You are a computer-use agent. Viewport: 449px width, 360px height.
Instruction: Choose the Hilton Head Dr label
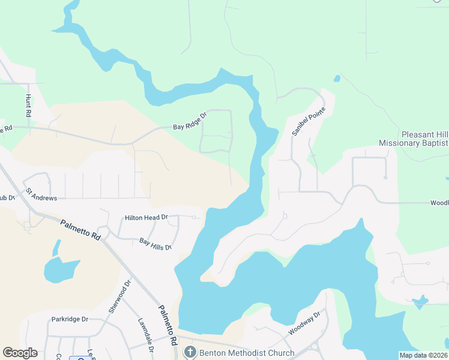(x=146, y=217)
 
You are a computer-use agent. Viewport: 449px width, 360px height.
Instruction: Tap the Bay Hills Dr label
(x=155, y=244)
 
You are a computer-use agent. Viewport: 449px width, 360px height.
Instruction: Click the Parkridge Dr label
(x=70, y=319)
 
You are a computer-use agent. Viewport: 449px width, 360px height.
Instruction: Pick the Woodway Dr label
(x=306, y=323)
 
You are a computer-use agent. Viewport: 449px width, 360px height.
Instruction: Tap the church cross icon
(x=190, y=353)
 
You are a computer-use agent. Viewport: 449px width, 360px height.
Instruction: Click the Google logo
(x=20, y=353)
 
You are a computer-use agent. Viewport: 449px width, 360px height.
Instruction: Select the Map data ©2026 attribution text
(x=423, y=355)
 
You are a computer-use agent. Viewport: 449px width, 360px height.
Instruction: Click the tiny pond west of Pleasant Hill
(x=337, y=79)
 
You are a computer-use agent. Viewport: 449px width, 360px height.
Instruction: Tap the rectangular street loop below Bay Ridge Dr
(x=216, y=131)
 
